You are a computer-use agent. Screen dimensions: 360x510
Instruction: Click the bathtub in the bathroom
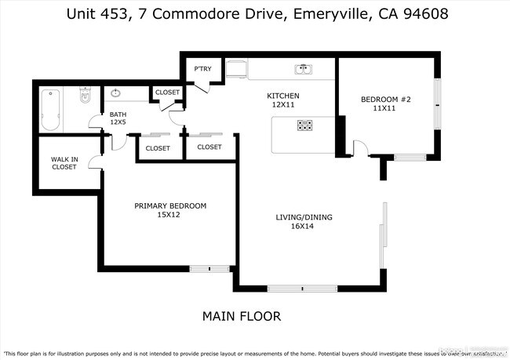pos(49,111)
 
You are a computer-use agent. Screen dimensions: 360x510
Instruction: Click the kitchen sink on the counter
pos(302,70)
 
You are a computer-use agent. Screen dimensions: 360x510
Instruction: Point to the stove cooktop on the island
pos(304,125)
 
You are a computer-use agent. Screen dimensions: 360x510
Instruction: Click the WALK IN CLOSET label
pos(64,162)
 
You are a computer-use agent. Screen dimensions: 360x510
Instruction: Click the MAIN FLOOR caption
pos(241,317)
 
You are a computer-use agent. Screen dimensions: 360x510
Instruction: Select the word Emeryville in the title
pos(323,14)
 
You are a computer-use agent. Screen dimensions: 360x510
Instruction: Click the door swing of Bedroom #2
pos(361,147)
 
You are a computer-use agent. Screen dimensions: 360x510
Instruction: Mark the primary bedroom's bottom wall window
pos(209,269)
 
